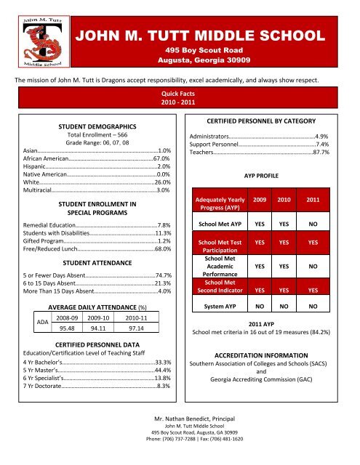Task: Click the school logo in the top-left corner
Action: [32, 36]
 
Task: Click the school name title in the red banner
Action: [210, 17]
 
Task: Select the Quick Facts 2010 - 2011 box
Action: [180, 98]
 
